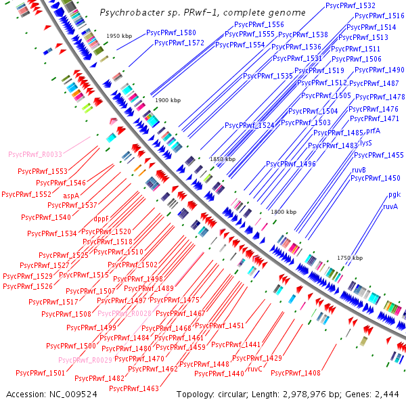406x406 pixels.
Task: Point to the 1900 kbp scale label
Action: click(x=168, y=100)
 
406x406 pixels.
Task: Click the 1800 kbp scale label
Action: click(x=284, y=212)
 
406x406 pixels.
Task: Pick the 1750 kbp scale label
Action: click(x=350, y=258)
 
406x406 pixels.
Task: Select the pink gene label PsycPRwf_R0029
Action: click(x=85, y=360)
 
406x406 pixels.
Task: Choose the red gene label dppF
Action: click(x=102, y=219)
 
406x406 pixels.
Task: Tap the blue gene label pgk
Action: click(x=390, y=195)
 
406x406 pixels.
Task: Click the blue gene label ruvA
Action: click(x=390, y=206)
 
